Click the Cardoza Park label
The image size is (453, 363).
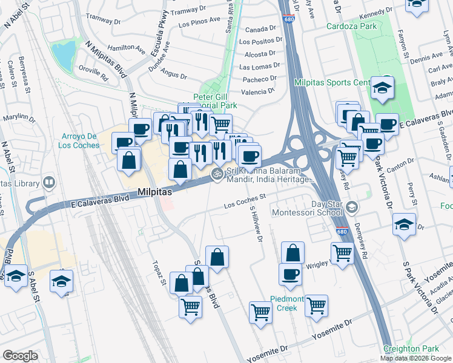(x=352, y=26)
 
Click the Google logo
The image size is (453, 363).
(x=21, y=356)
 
